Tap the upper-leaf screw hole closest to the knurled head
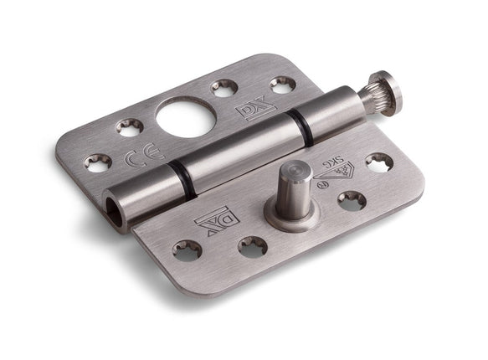(282, 85)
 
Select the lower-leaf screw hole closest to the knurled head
(379, 162)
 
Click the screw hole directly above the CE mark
(129, 127)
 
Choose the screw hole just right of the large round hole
(224, 87)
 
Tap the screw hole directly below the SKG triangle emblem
(351, 201)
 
